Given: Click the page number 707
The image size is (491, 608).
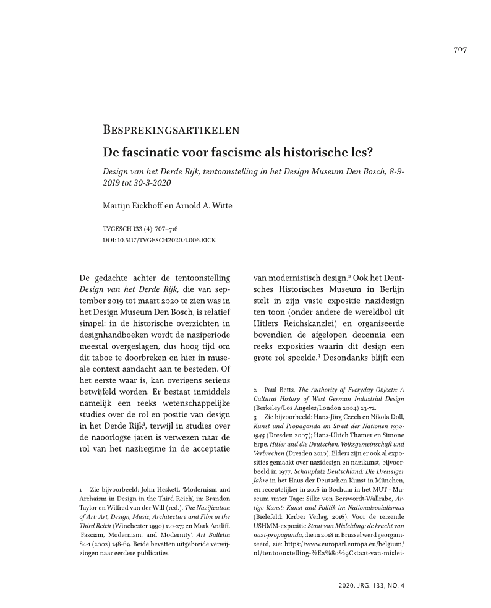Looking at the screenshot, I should click(x=459, y=49).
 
